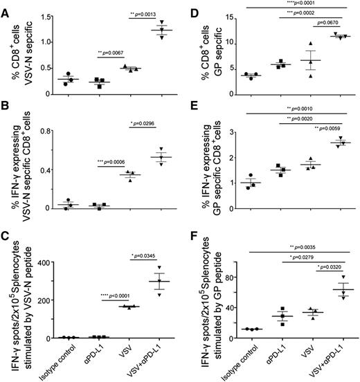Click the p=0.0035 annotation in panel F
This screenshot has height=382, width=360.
[x=276, y=244]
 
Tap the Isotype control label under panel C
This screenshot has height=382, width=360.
[x=61, y=357]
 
